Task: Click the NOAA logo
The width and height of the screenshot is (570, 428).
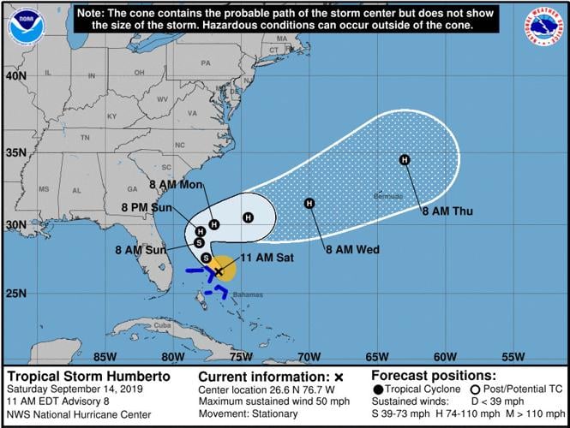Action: [x=26, y=27]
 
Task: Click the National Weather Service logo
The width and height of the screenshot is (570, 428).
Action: [x=543, y=27]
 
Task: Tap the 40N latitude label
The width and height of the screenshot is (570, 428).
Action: [x=16, y=75]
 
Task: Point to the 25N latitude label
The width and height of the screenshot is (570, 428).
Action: [x=16, y=294]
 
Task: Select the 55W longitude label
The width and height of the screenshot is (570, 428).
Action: [x=513, y=357]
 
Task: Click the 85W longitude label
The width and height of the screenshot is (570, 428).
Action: [x=105, y=357]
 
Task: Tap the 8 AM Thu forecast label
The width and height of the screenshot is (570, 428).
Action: [x=447, y=211]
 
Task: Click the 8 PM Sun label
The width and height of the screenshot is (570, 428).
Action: [x=147, y=206]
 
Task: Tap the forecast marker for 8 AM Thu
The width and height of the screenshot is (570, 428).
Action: [x=405, y=159]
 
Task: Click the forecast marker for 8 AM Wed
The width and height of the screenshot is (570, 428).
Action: [x=309, y=203]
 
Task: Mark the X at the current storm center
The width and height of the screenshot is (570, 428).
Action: [x=219, y=270]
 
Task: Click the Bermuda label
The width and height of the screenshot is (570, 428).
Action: [x=387, y=196]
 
